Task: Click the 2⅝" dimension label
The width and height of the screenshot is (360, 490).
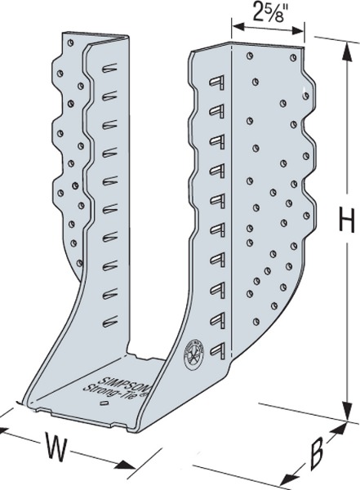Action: point(268,12)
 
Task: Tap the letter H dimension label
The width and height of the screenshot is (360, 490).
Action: point(347,221)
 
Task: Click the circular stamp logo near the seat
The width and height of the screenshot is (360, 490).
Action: point(193,355)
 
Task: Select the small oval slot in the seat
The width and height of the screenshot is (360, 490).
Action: point(104,403)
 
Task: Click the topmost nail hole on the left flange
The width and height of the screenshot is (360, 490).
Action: point(70,42)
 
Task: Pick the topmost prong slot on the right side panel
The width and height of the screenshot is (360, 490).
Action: point(217,82)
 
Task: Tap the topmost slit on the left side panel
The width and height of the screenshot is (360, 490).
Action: point(109,69)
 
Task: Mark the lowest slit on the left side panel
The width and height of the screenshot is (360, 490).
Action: point(109,322)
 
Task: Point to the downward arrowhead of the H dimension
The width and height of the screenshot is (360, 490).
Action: point(346,411)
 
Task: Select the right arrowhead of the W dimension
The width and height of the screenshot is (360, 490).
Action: point(126,466)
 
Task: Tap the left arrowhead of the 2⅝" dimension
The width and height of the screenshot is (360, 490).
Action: point(238,27)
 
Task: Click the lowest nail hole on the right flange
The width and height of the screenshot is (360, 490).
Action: point(256,321)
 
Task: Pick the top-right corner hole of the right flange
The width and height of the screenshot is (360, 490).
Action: point(293,57)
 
